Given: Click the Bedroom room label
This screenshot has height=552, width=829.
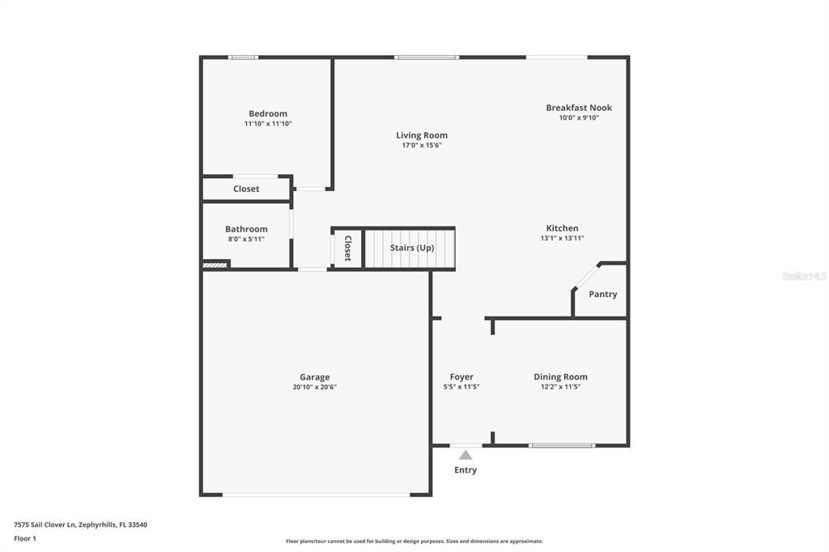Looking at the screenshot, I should pyautogui.click(x=267, y=114).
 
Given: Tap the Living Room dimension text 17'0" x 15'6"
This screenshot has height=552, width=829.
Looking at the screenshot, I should pyautogui.click(x=422, y=146).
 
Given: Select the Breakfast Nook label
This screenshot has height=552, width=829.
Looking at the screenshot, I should pyautogui.click(x=579, y=108).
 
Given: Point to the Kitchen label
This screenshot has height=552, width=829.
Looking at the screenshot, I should pyautogui.click(x=562, y=228).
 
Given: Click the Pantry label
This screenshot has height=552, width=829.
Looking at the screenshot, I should pyautogui.click(x=603, y=295).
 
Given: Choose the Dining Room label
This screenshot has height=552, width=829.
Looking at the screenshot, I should pyautogui.click(x=560, y=376).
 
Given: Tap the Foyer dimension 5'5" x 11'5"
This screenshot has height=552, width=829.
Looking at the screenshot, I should pyautogui.click(x=461, y=387).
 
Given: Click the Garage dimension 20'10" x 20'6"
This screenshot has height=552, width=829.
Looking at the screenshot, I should pyautogui.click(x=315, y=387).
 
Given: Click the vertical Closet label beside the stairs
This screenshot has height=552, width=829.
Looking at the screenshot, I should pyautogui.click(x=347, y=248).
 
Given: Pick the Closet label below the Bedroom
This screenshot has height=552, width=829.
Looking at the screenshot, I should pyautogui.click(x=246, y=189).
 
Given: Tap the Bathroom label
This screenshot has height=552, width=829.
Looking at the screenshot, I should pyautogui.click(x=246, y=229).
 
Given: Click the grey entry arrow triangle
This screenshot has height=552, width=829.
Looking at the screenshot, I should pyautogui.click(x=466, y=455).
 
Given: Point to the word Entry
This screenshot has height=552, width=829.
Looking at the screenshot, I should pyautogui.click(x=466, y=470).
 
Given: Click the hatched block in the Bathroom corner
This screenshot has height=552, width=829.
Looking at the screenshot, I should pyautogui.click(x=215, y=264).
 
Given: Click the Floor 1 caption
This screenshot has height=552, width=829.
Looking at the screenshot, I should pyautogui.click(x=25, y=538).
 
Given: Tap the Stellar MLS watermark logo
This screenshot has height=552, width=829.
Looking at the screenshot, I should pyautogui.click(x=804, y=276).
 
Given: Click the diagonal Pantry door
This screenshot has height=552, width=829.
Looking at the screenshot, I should pyautogui.click(x=586, y=276).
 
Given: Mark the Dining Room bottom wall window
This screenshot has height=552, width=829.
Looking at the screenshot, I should pyautogui.click(x=562, y=445).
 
